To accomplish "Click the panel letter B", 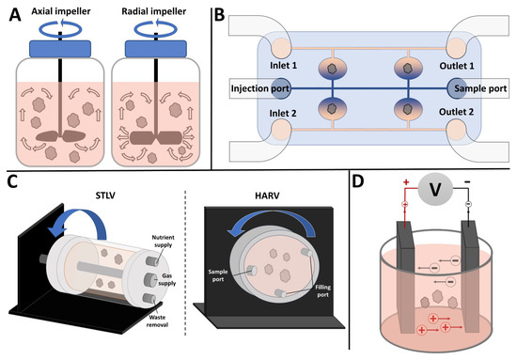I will pos(220,15).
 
